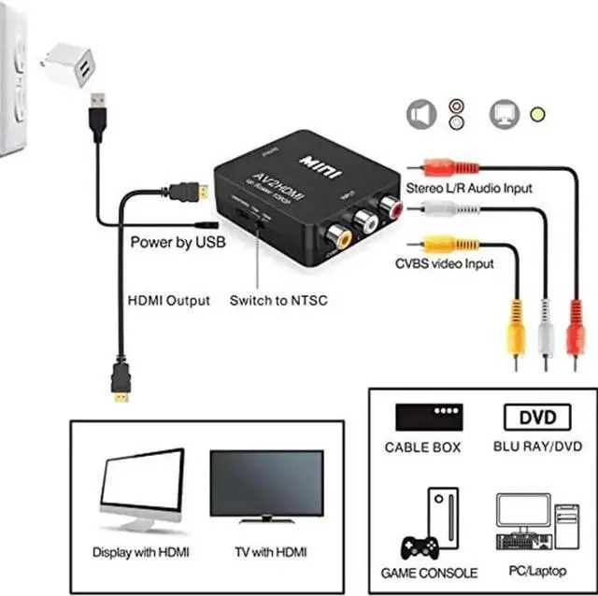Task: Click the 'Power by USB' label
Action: coord(177,243)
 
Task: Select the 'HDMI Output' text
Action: coord(168,301)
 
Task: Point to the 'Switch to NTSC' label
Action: coord(278,301)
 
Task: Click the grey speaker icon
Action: coord(421,114)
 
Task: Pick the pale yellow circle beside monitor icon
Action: coord(536,115)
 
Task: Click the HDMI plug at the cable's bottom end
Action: coord(121,384)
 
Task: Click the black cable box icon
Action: coord(429,416)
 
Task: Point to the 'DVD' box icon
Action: coord(532,417)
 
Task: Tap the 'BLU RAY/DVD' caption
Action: coord(532,447)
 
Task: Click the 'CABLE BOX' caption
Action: coord(423,447)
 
